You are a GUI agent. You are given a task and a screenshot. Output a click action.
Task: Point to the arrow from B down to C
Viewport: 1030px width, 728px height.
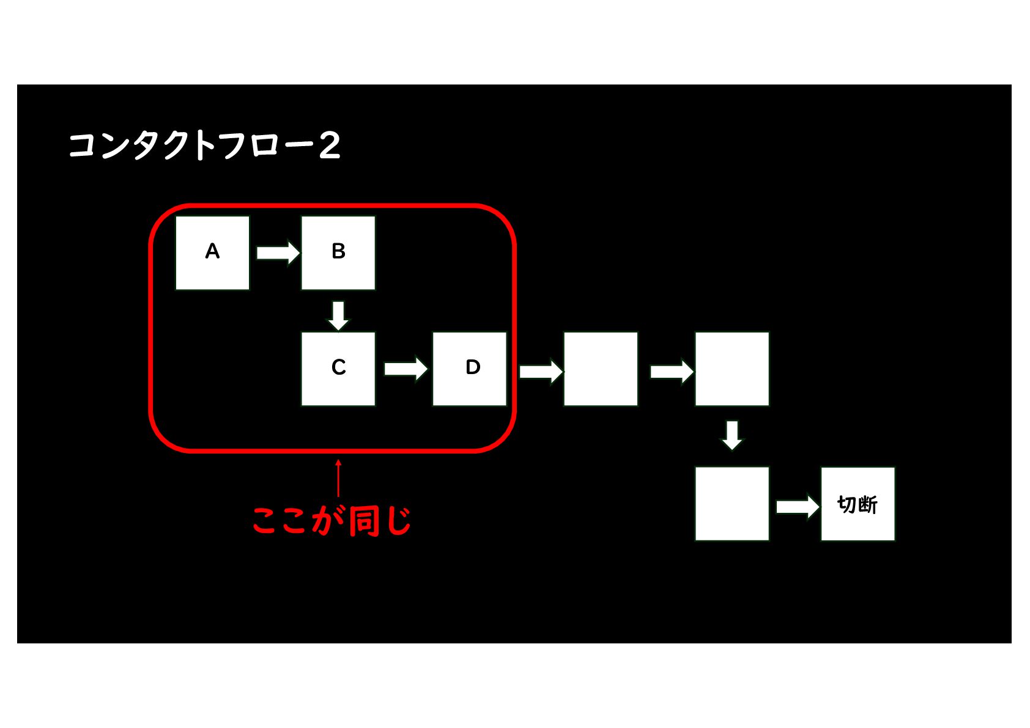tap(338, 315)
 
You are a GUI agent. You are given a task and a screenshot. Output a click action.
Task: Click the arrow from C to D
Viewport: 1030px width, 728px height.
tap(406, 369)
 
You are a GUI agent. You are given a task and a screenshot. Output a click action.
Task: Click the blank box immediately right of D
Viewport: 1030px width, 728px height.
tap(601, 369)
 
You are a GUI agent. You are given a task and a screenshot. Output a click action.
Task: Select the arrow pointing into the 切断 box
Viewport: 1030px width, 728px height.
tap(797, 506)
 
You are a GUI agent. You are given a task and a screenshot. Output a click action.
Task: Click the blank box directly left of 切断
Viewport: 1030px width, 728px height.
tap(732, 504)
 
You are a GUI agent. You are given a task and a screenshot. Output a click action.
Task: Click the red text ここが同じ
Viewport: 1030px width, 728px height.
tap(332, 521)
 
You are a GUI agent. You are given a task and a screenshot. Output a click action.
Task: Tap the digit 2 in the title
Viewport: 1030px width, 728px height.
tap(330, 146)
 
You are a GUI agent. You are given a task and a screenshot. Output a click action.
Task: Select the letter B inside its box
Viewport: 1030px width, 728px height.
tap(338, 251)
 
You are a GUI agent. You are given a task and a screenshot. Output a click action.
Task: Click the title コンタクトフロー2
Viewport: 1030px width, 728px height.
tap(204, 146)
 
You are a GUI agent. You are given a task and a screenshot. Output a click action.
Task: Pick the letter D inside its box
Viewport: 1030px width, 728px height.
tap(473, 367)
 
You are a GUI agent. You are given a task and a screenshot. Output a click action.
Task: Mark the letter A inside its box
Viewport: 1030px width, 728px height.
tap(212, 251)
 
